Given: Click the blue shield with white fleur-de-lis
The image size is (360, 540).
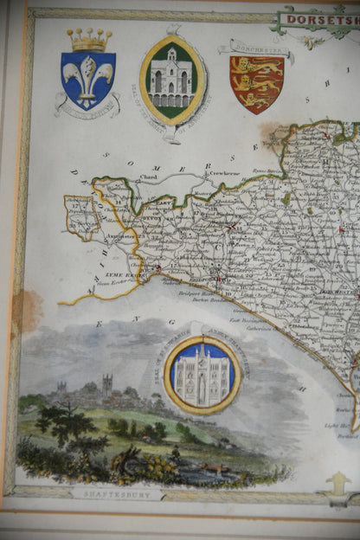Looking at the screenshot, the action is [x=88, y=80].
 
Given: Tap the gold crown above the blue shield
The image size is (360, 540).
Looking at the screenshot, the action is [x=89, y=40].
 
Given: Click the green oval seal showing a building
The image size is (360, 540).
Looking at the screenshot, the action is [x=172, y=80].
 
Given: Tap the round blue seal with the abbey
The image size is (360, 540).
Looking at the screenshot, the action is [x=202, y=375].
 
